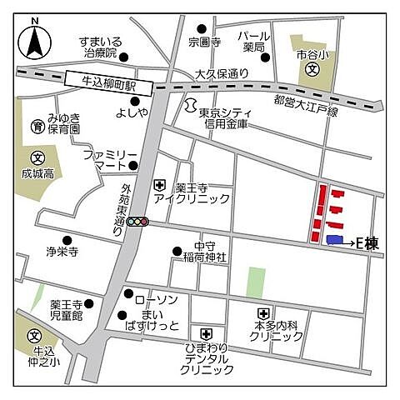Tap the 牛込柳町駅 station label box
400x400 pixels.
(x=107, y=82)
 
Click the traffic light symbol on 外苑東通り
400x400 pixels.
(x=137, y=222)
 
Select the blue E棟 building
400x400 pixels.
(x=334, y=241)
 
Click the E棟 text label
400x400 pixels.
(x=367, y=242)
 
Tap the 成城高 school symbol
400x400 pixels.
(x=37, y=158)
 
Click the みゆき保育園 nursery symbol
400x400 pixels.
(x=37, y=127)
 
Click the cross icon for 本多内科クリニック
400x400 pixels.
(x=262, y=314)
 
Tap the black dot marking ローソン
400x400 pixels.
(x=127, y=294)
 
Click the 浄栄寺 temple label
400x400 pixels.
(x=60, y=249)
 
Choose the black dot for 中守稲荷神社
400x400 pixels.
(x=176, y=251)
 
